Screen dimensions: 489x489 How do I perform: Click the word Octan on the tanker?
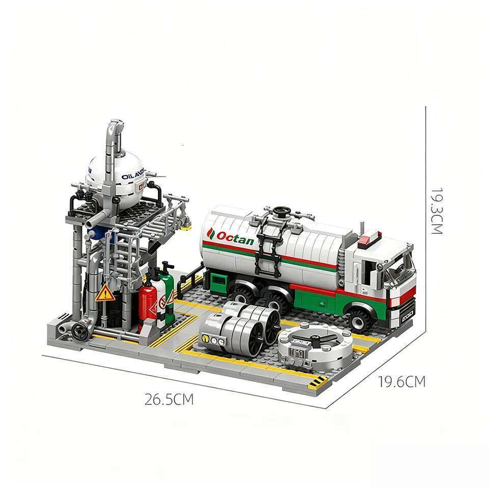(x=235, y=237)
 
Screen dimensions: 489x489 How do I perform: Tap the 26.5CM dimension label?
(x=169, y=399)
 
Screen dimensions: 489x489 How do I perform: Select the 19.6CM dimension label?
(x=401, y=382)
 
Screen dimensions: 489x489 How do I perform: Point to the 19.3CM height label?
(x=437, y=211)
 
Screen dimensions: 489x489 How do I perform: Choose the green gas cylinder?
(x=166, y=295)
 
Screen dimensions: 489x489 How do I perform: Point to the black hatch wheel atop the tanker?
(x=280, y=210)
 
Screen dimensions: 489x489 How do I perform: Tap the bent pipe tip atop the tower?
(x=116, y=126)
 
